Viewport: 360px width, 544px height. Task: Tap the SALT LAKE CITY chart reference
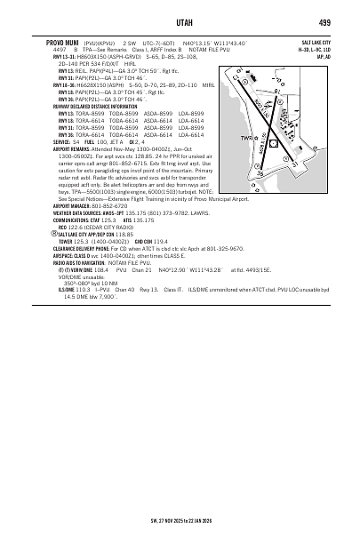[316, 42]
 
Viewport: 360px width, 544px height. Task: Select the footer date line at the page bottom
[179, 534]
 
